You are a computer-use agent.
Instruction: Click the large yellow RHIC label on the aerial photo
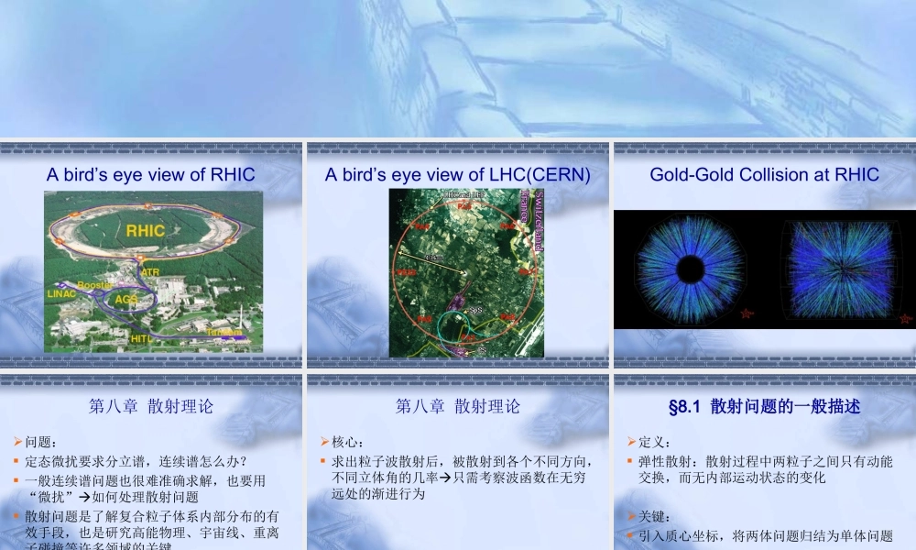(x=146, y=231)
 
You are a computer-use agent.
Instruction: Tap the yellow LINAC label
(x=62, y=294)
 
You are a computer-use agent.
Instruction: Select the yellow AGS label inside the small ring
(x=126, y=300)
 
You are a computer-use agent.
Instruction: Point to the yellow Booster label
(x=94, y=285)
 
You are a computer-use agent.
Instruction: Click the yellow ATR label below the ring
(x=150, y=272)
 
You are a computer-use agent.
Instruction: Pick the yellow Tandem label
(x=224, y=332)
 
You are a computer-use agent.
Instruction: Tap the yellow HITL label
(x=140, y=339)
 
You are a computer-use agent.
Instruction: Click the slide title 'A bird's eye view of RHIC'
(x=151, y=174)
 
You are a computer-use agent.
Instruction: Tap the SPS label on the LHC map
(x=475, y=310)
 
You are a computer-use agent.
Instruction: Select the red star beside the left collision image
(x=747, y=314)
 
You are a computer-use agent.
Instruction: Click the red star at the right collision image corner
(x=905, y=318)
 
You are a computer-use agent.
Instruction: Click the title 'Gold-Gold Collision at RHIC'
(x=764, y=174)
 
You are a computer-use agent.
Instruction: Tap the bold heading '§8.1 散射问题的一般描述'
(x=764, y=406)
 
